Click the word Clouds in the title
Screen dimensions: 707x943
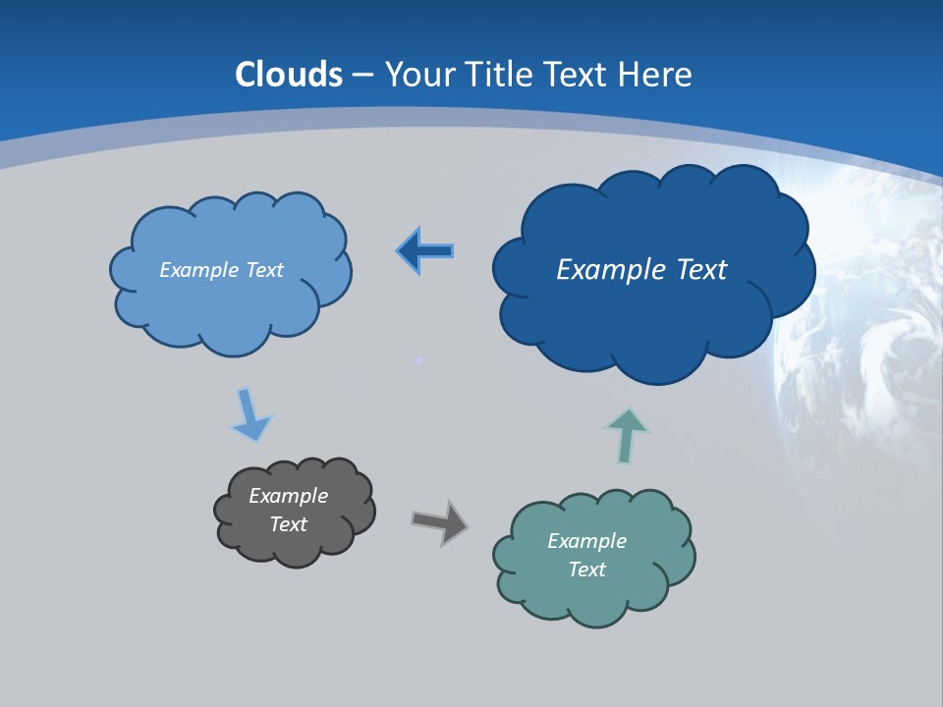point(289,75)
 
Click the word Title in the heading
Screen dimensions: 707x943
point(499,75)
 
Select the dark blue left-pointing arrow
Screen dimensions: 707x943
point(424,251)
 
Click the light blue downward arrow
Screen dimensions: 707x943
point(250,414)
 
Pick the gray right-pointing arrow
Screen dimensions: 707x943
point(439,521)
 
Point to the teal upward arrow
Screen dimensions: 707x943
point(626,436)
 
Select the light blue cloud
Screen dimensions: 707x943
point(231,304)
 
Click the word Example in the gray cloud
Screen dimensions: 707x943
point(288,496)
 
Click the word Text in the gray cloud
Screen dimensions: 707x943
point(288,524)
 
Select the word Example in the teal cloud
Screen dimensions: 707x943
point(586,541)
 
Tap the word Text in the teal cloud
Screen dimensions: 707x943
point(586,570)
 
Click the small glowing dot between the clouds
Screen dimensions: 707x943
point(419,361)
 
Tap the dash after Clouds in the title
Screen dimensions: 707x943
point(361,76)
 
